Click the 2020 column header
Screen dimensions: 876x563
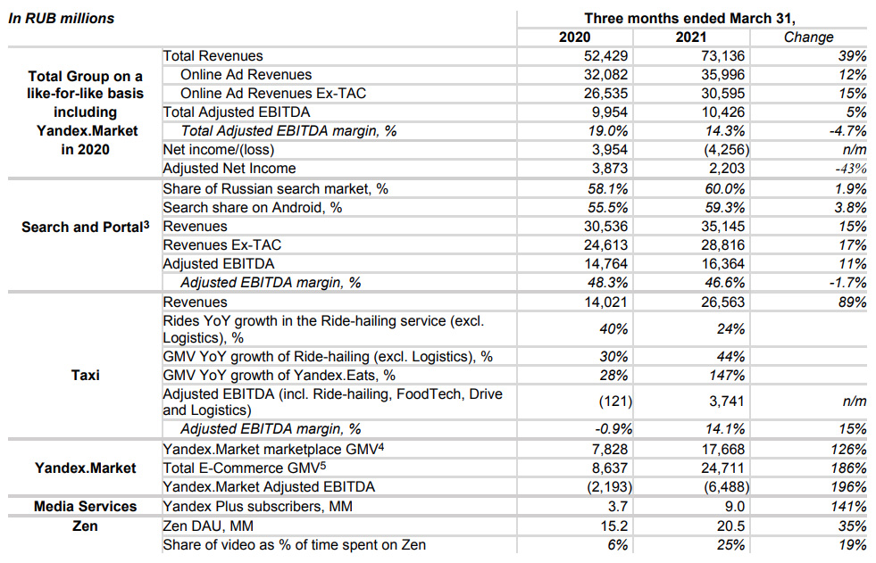pyautogui.click(x=574, y=37)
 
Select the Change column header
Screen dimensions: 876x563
pyautogui.click(x=808, y=37)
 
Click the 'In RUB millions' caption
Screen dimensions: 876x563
pyautogui.click(x=61, y=19)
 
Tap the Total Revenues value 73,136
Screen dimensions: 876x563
pyautogui.click(x=723, y=56)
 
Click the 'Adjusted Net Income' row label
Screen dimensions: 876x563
pyautogui.click(x=229, y=168)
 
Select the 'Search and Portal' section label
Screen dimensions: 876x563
pyautogui.click(x=86, y=227)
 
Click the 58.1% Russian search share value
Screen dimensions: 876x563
pyautogui.click(x=607, y=188)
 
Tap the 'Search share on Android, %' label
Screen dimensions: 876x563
pyautogui.click(x=252, y=208)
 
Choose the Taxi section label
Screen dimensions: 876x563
pyautogui.click(x=85, y=375)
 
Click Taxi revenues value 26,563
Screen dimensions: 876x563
pyautogui.click(x=723, y=302)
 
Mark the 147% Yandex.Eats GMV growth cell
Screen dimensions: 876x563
pyautogui.click(x=727, y=375)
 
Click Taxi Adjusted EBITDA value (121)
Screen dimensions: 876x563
pyautogui.click(x=615, y=402)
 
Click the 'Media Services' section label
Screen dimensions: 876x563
pyautogui.click(x=85, y=506)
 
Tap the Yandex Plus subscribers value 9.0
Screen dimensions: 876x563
pyautogui.click(x=734, y=506)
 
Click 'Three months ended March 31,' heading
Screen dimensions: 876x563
pyautogui.click(x=689, y=19)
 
